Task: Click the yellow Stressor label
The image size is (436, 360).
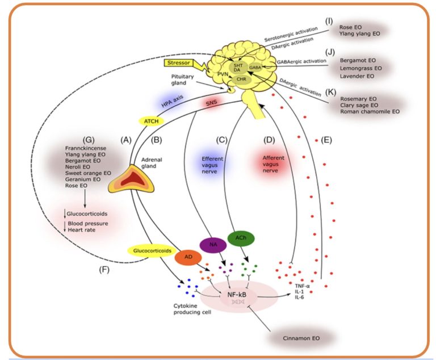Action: tap(179, 63)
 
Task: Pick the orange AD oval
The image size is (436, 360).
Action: tap(186, 257)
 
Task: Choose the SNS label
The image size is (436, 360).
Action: tap(211, 102)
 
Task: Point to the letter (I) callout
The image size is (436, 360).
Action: tap(329, 21)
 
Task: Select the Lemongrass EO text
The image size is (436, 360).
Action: tap(360, 68)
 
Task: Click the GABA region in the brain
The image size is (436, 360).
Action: tap(255, 67)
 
